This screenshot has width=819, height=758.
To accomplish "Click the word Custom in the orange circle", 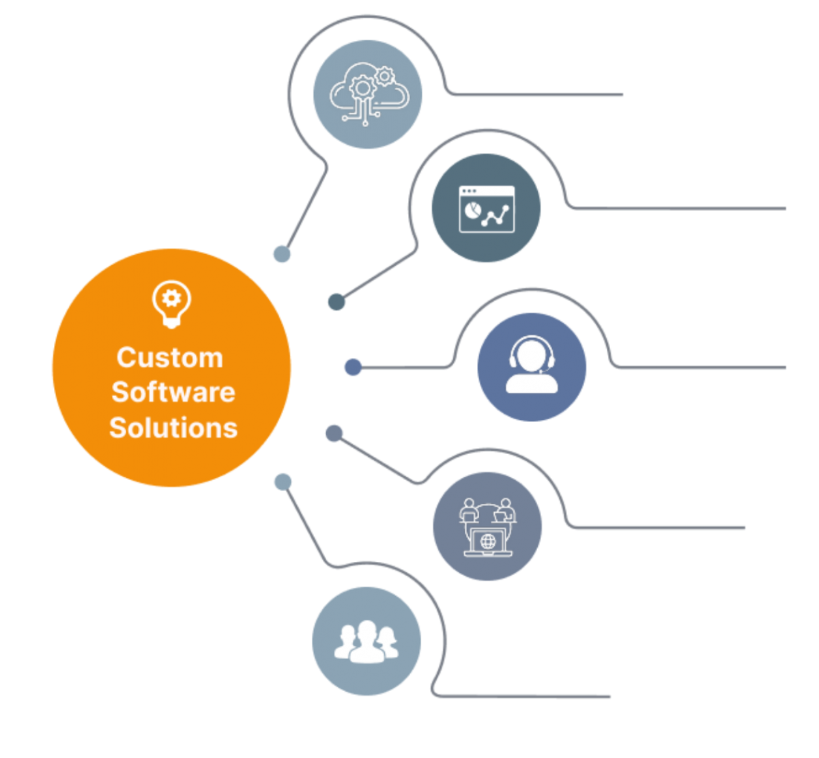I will [x=170, y=358].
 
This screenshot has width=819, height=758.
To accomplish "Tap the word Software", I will [x=173, y=392].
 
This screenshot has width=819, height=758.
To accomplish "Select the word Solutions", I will [x=173, y=427].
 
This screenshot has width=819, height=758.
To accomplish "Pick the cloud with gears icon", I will [x=367, y=94].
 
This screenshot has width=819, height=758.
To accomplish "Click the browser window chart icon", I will [x=486, y=209].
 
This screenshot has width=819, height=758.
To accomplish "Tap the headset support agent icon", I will [x=532, y=367].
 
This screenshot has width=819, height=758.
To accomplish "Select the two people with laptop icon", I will [x=487, y=527].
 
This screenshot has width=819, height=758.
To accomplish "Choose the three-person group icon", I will [x=367, y=641].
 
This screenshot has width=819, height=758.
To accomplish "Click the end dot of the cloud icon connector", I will [x=282, y=254].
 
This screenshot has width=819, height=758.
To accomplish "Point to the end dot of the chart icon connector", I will [x=336, y=301].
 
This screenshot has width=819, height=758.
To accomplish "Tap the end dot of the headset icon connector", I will [x=353, y=367].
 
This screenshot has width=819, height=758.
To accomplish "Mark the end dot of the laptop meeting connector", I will [x=334, y=433].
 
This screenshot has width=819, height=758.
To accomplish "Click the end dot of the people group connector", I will [x=283, y=482].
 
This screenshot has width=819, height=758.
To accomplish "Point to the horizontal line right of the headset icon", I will [x=703, y=368].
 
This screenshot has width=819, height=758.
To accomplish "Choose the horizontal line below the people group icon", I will [x=526, y=697].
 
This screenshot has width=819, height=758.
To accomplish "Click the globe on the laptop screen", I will [x=488, y=542].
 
